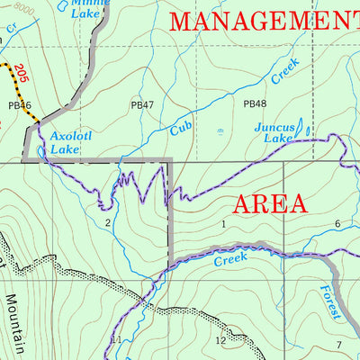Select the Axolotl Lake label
click(66, 143)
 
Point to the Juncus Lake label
click(273, 133)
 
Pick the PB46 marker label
click(19, 105)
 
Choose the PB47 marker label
click(142, 105)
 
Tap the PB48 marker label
click(255, 104)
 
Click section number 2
click(107, 222)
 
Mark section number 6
click(337, 224)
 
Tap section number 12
click(220, 340)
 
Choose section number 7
click(339, 346)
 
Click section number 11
click(115, 339)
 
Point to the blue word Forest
click(330, 302)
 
